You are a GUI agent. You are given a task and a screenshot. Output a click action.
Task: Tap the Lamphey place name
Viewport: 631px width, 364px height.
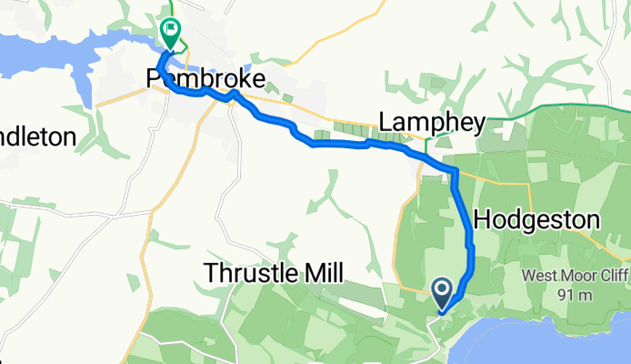pyautogui.click(x=433, y=122)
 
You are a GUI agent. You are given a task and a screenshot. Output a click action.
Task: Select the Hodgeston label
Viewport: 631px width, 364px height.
pyautogui.click(x=537, y=219)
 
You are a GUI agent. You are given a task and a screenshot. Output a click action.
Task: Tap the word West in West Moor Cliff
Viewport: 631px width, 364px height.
pyautogui.click(x=536, y=276)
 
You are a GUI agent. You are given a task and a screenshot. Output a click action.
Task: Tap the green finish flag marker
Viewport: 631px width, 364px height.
pyautogui.click(x=171, y=30)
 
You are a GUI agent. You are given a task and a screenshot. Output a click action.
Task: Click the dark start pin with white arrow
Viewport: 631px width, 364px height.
pyautogui.click(x=443, y=292)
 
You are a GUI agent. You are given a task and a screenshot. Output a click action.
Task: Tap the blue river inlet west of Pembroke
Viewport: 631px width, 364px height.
pyautogui.click(x=55, y=55)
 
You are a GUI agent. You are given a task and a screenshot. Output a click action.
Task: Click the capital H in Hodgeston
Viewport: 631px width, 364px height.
pyautogui.click(x=482, y=219)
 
